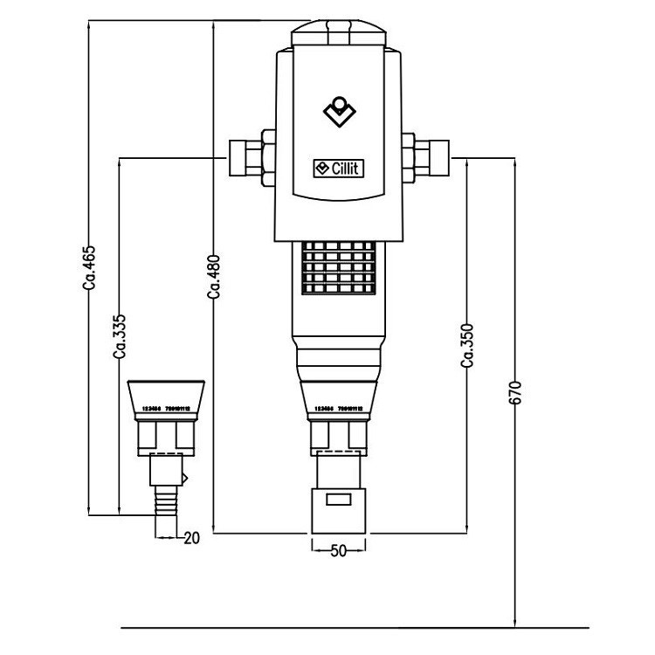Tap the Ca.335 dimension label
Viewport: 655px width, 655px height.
(x=120, y=336)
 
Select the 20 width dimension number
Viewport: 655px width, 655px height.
(x=192, y=538)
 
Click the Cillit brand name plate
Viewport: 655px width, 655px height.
(x=341, y=169)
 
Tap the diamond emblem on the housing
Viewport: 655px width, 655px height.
(x=340, y=112)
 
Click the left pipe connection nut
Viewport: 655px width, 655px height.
(x=250, y=158)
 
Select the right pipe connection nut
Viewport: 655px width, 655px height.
(x=429, y=158)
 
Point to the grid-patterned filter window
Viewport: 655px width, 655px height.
(x=340, y=267)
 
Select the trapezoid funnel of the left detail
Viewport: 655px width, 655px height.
(x=167, y=397)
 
